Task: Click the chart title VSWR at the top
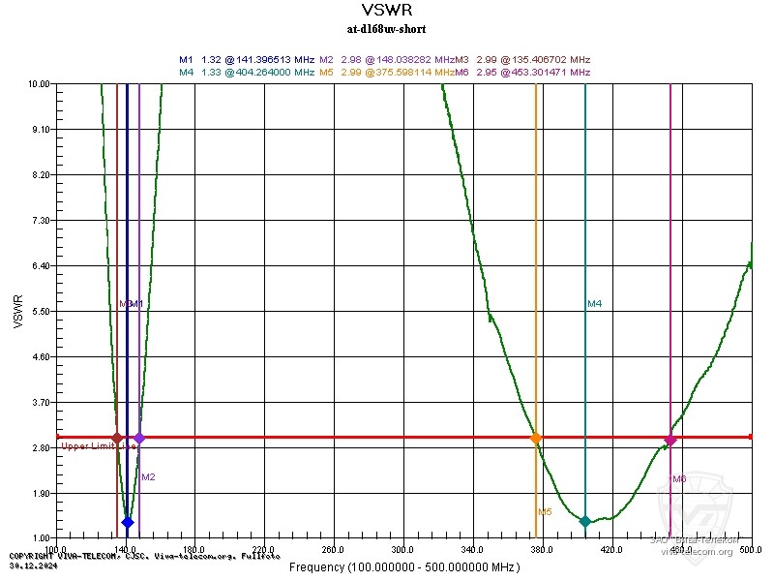pyautogui.click(x=386, y=11)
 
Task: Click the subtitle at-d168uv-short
pyautogui.click(x=386, y=29)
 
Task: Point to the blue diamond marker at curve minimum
pyautogui.click(x=127, y=522)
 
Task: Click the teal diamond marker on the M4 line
pyautogui.click(x=584, y=522)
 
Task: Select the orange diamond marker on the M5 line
pyautogui.click(x=536, y=438)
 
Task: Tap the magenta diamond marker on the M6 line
pyautogui.click(x=670, y=440)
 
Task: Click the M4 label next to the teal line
pyautogui.click(x=595, y=304)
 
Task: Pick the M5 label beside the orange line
pyautogui.click(x=545, y=511)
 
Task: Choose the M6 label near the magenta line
pyautogui.click(x=679, y=478)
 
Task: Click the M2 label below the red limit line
pyautogui.click(x=148, y=476)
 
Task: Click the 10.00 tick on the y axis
pyautogui.click(x=40, y=84)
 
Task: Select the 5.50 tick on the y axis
pyautogui.click(x=42, y=311)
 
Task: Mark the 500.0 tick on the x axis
pyautogui.click(x=751, y=549)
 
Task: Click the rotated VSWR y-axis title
pyautogui.click(x=18, y=311)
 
